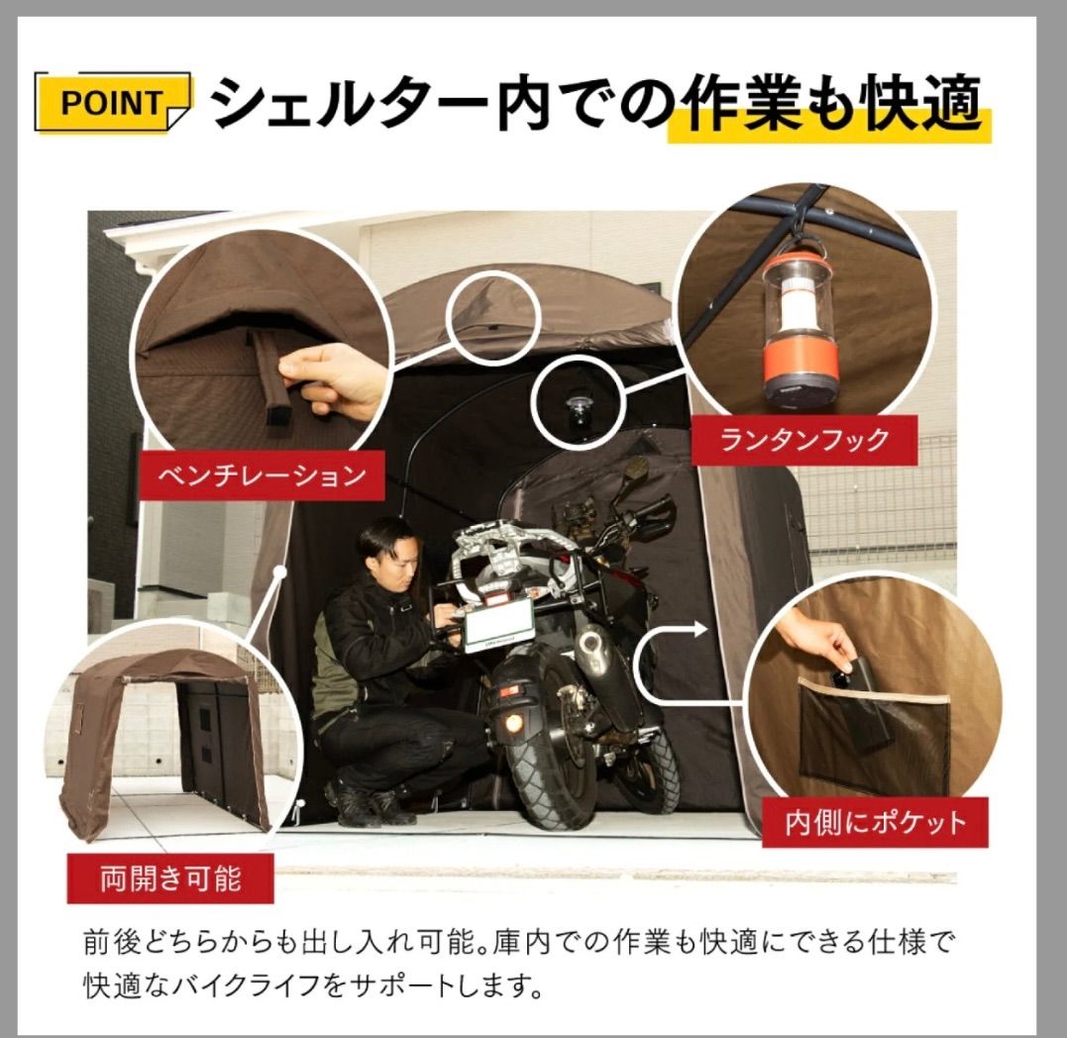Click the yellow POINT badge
click(x=112, y=102)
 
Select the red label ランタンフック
click(x=803, y=440)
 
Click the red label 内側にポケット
click(x=860, y=821)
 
